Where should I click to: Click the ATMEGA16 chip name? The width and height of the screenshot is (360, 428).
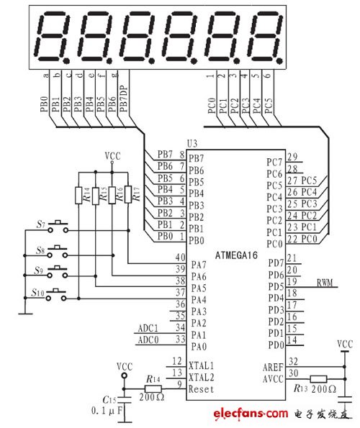tap(241, 254)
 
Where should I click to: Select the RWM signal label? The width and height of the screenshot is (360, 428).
tap(325, 282)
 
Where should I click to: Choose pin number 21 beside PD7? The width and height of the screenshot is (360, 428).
tap(291, 259)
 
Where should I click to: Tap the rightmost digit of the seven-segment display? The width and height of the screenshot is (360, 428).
tap(265, 37)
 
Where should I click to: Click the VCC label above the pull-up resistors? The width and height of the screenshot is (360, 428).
tap(112, 155)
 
